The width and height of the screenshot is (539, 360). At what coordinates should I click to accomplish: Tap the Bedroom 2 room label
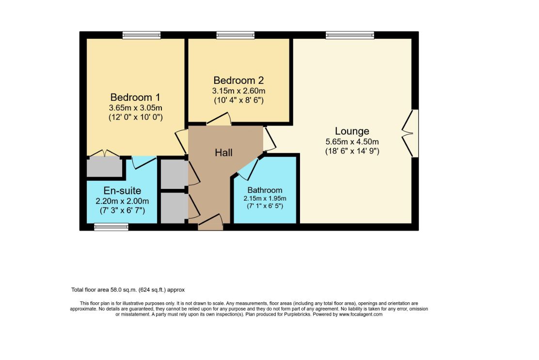click(x=238, y=80)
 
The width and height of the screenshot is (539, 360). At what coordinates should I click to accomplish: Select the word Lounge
click(x=352, y=131)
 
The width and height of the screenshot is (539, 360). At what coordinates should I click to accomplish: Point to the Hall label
click(x=223, y=153)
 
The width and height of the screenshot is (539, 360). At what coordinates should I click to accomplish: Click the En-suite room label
click(x=122, y=191)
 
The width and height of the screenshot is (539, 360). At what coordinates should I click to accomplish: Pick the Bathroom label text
click(x=265, y=190)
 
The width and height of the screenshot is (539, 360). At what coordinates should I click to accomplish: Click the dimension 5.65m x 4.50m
click(x=352, y=141)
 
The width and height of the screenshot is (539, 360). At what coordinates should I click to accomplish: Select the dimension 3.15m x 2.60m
click(x=238, y=91)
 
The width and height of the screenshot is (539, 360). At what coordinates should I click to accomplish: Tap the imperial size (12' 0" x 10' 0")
click(x=135, y=117)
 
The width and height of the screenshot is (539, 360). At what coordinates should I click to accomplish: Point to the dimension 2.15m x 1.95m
click(x=265, y=198)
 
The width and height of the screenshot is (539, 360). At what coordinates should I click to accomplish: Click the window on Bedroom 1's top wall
click(x=141, y=35)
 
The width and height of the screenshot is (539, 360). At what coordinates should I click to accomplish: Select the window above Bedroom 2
click(x=235, y=35)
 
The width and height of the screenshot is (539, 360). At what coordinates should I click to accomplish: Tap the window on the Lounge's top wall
click(x=349, y=35)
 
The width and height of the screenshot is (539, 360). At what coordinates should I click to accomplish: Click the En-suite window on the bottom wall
click(x=111, y=227)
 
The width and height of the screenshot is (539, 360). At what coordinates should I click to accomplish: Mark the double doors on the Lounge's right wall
click(x=410, y=133)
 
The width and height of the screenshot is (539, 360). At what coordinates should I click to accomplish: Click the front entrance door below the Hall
click(x=210, y=224)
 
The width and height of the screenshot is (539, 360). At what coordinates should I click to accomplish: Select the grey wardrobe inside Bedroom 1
click(x=104, y=167)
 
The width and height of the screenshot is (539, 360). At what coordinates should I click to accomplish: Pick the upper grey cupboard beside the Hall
click(x=173, y=174)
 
